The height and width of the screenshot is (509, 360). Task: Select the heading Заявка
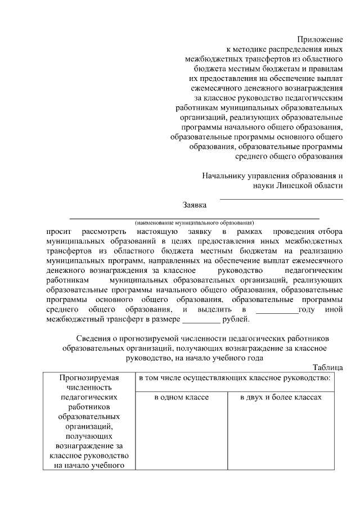pyautogui.click(x=195, y=205)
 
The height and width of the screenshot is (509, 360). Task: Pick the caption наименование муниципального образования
pyautogui.click(x=194, y=222)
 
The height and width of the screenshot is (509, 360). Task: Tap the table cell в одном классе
pyautogui.click(x=182, y=398)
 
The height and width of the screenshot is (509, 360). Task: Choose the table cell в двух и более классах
pyautogui.click(x=280, y=398)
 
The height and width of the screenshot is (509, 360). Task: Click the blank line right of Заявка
pyautogui.click(x=281, y=199)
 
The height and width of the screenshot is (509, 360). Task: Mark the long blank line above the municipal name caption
pyautogui.click(x=194, y=217)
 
